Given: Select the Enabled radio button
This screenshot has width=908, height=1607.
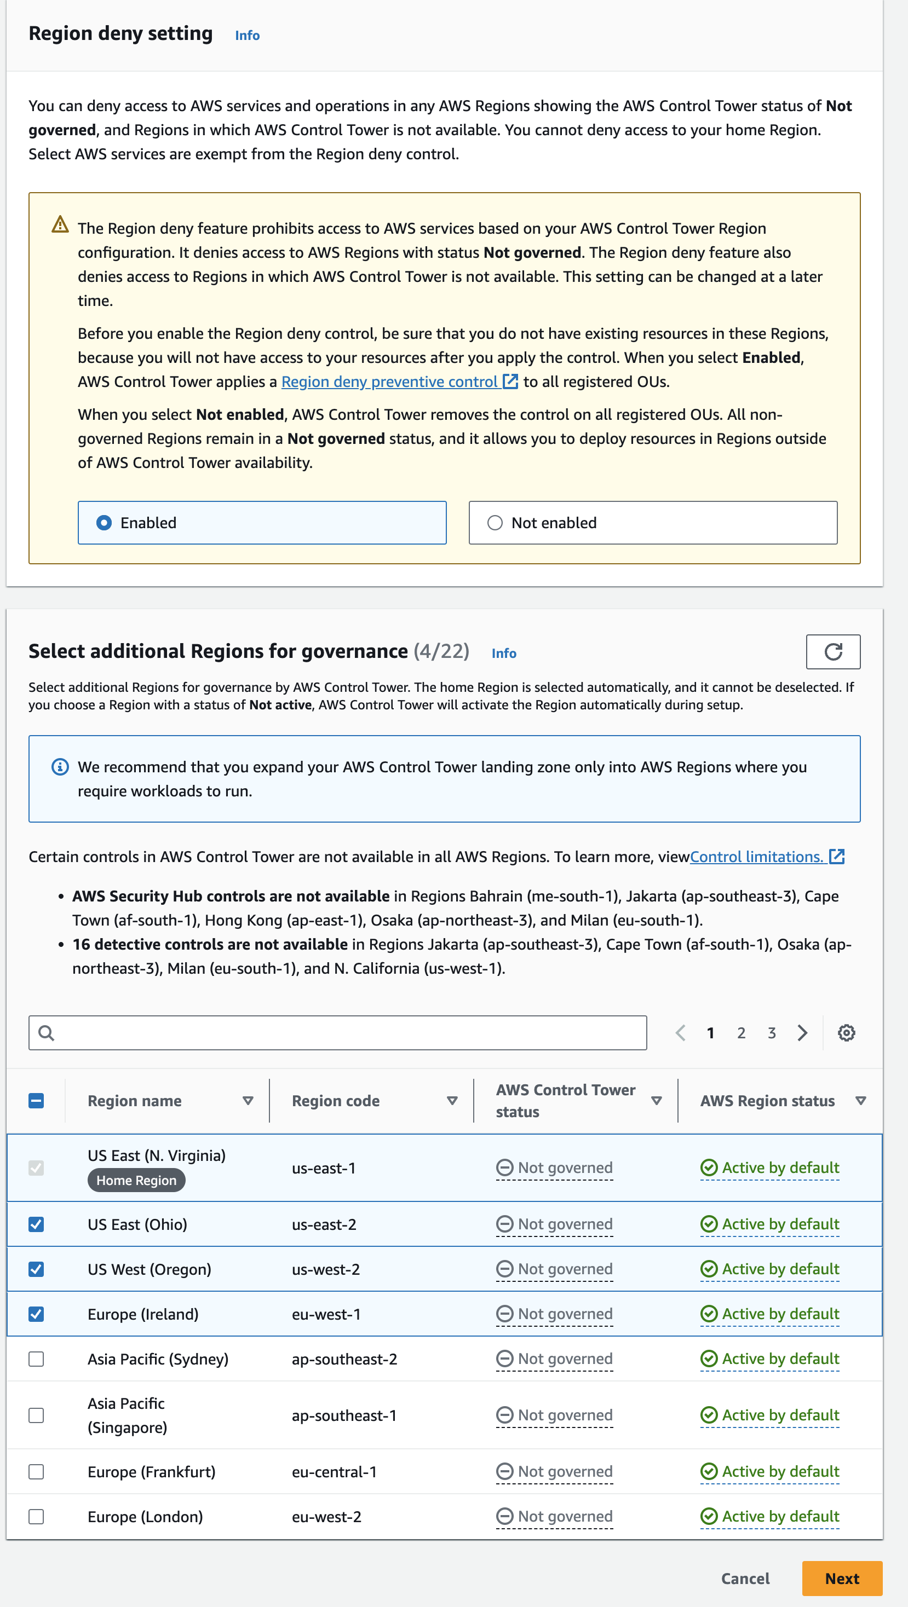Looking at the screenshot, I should [104, 523].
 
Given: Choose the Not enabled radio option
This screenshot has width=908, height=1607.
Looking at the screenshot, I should [495, 523].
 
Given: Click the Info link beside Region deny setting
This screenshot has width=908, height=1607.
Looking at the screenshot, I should [247, 36].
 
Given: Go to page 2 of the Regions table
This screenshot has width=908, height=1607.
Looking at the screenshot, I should [741, 1033].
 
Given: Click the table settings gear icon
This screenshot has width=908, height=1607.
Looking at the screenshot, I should [846, 1033].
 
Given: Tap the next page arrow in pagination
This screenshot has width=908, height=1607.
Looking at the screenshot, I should [802, 1033].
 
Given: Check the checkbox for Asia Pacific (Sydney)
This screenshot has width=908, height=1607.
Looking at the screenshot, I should [36, 1359].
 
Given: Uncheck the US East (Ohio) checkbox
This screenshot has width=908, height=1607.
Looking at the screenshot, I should [36, 1224].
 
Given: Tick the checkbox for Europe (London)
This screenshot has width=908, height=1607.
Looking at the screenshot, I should [36, 1516].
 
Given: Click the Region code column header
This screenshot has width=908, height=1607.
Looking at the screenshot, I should [336, 1101].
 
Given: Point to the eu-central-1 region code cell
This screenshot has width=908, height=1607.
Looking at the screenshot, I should [335, 1472].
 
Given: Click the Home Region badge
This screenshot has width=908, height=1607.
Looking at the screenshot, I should [136, 1180].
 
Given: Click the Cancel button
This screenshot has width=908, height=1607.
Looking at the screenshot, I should [745, 1579].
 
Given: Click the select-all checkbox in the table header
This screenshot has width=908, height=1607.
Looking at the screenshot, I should [36, 1101].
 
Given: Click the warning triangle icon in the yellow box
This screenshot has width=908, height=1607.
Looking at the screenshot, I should [60, 224].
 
